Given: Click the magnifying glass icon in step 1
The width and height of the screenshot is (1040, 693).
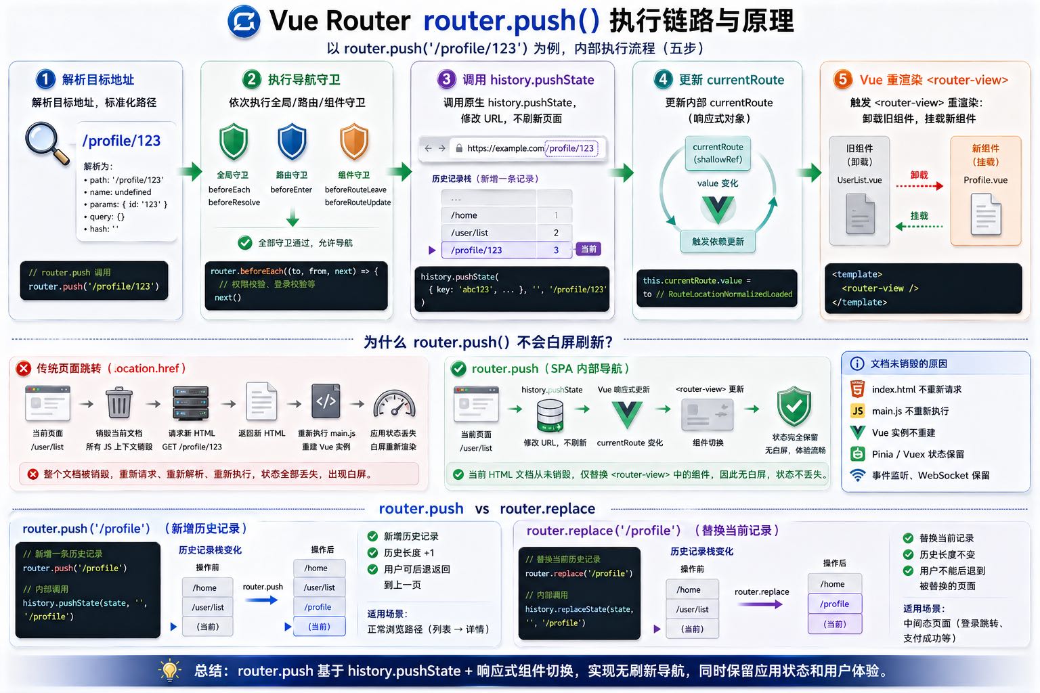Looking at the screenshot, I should pyautogui.click(x=46, y=142).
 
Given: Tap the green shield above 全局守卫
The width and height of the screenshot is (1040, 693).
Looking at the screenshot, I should pyautogui.click(x=234, y=141).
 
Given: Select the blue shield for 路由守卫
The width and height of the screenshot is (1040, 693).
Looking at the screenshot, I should pyautogui.click(x=292, y=141).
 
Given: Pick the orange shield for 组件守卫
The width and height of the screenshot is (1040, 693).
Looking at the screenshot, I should pyautogui.click(x=353, y=141).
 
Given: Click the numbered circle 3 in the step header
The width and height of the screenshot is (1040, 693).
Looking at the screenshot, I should pyautogui.click(x=446, y=79).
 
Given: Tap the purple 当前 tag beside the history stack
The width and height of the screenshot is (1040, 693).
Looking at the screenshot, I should pyautogui.click(x=588, y=249).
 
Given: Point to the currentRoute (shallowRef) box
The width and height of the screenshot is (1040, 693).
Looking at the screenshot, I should pyautogui.click(x=718, y=153).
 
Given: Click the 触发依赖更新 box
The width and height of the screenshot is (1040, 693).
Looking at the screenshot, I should pyautogui.click(x=718, y=242).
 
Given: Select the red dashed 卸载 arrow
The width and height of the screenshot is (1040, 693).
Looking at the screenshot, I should pyautogui.click(x=919, y=185).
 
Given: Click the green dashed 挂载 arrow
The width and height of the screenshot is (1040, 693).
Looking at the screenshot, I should pyautogui.click(x=919, y=226).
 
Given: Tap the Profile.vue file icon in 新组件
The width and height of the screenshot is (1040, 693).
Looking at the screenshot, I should pyautogui.click(x=985, y=215).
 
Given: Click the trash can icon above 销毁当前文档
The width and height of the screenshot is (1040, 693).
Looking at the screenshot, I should pyautogui.click(x=119, y=403).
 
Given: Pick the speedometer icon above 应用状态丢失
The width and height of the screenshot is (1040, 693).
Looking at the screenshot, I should pyautogui.click(x=393, y=403).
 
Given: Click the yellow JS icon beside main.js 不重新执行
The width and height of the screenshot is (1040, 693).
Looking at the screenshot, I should pyautogui.click(x=858, y=411).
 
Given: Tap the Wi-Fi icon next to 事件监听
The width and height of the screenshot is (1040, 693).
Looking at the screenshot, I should pyautogui.click(x=858, y=475).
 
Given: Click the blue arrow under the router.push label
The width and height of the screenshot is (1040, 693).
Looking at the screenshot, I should pyautogui.click(x=261, y=600).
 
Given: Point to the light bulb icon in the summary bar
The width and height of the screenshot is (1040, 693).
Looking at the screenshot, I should pyautogui.click(x=169, y=670).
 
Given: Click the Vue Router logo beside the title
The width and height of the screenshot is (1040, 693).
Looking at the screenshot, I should pyautogui.click(x=244, y=21).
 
